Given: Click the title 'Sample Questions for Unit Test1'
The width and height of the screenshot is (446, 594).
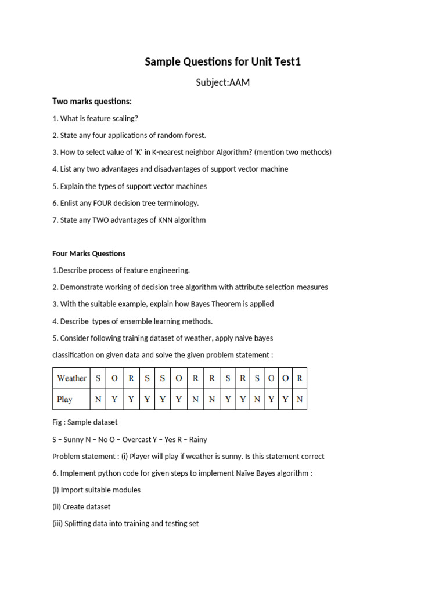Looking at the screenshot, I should (x=223, y=61).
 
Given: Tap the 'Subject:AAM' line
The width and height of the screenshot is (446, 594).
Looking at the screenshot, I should (x=223, y=82).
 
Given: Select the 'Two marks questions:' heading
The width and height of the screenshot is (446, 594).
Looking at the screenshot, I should (x=92, y=102).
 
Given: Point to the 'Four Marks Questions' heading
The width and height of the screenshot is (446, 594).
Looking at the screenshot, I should (x=89, y=253).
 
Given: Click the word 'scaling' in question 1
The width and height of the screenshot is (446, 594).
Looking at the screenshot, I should (x=124, y=118).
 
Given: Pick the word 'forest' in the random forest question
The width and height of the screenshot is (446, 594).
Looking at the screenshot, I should (x=194, y=135).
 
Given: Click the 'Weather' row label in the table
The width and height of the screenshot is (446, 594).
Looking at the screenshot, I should (x=71, y=378).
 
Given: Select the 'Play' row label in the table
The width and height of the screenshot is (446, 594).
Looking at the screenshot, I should (x=64, y=400).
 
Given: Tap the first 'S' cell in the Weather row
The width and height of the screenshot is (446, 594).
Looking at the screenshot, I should (x=98, y=378).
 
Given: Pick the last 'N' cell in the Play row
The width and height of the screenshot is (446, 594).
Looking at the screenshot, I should (x=300, y=400).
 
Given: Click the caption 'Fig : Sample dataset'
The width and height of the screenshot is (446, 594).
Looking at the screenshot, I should (x=85, y=422).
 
